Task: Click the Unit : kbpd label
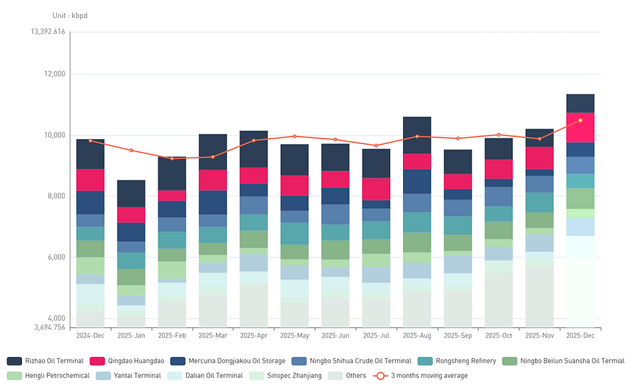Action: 70,16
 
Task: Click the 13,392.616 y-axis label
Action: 48,32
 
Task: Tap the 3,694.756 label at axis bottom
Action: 48,327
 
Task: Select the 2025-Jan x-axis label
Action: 131,336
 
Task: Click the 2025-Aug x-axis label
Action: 417,336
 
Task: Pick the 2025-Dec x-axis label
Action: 580,336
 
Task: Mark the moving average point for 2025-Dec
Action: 580,120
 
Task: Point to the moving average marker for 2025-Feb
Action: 172,158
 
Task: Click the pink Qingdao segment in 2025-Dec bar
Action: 580,127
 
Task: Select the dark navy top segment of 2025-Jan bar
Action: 131,193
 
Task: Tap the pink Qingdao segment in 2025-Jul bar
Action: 376,189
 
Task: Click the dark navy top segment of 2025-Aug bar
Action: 417,135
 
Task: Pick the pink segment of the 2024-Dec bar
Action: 90,180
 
